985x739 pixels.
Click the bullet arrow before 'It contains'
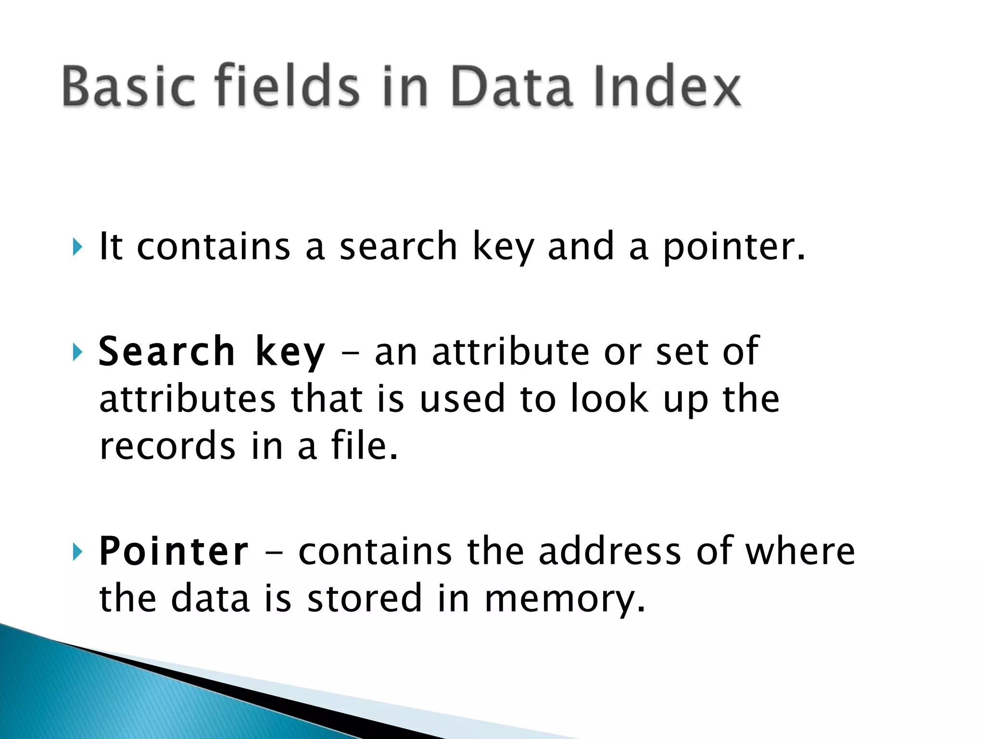pyautogui.click(x=77, y=247)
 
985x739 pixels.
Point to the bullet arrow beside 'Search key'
pyautogui.click(x=77, y=352)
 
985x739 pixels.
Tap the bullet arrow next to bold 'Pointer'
pyautogui.click(x=77, y=552)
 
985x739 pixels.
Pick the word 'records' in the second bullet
pyautogui.click(x=167, y=446)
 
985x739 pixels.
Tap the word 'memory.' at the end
pyautogui.click(x=565, y=599)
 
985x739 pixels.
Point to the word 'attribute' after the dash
pyautogui.click(x=510, y=351)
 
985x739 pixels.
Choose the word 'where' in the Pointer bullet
pyautogui.click(x=800, y=551)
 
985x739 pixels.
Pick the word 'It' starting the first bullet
pyautogui.click(x=111, y=246)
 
